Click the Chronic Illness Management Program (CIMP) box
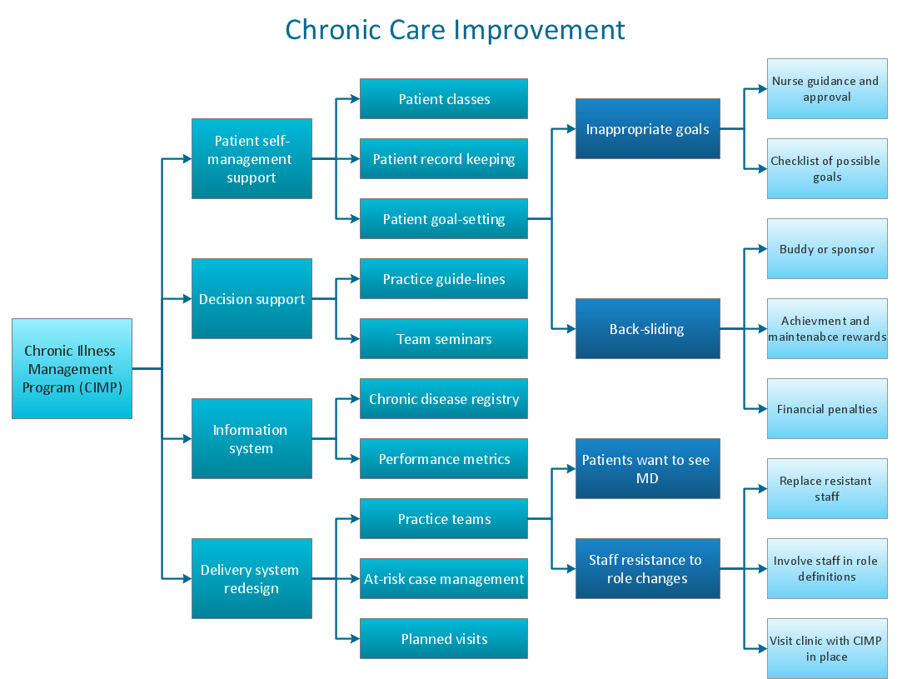pos(72,368)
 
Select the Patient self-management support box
pos(252,159)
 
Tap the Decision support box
pos(252,298)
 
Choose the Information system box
pos(252,439)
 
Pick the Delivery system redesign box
pos(252,578)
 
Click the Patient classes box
pos(444,99)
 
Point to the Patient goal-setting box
pos(444,219)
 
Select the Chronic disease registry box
pos(444,398)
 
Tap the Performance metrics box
pos(444,458)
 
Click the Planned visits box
pos(444,638)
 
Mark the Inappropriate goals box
pos(648,128)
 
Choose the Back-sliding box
pos(648,329)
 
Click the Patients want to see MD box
pos(648,468)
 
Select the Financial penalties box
pos(827,408)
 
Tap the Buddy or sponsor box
pos(827,248)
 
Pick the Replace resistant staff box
pos(827,489)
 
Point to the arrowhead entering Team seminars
pos(356,338)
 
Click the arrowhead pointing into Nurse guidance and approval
pos(763,89)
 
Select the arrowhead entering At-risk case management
pos(356,578)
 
